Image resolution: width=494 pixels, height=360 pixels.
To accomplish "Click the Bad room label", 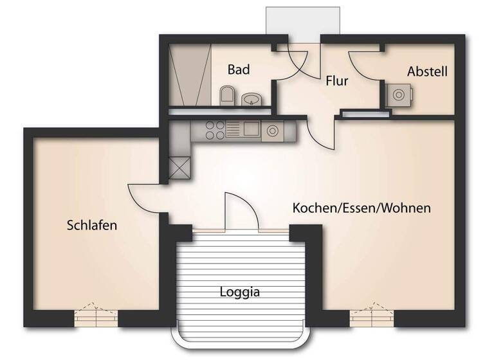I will point(239,69).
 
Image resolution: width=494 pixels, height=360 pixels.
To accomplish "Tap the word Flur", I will point(337,81).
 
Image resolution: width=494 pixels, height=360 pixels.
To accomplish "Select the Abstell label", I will point(427,71).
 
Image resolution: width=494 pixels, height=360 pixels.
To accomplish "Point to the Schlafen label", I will point(91,226).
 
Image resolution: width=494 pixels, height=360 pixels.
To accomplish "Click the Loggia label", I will point(240,292).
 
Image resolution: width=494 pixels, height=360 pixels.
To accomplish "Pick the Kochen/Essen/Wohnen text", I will point(361,208).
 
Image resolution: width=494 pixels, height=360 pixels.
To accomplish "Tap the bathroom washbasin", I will point(251,99).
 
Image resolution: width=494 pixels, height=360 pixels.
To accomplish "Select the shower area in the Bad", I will point(191,74).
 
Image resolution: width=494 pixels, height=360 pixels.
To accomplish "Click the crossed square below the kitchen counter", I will point(179,168).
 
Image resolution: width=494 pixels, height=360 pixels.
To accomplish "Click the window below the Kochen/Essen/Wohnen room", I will point(371,318).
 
